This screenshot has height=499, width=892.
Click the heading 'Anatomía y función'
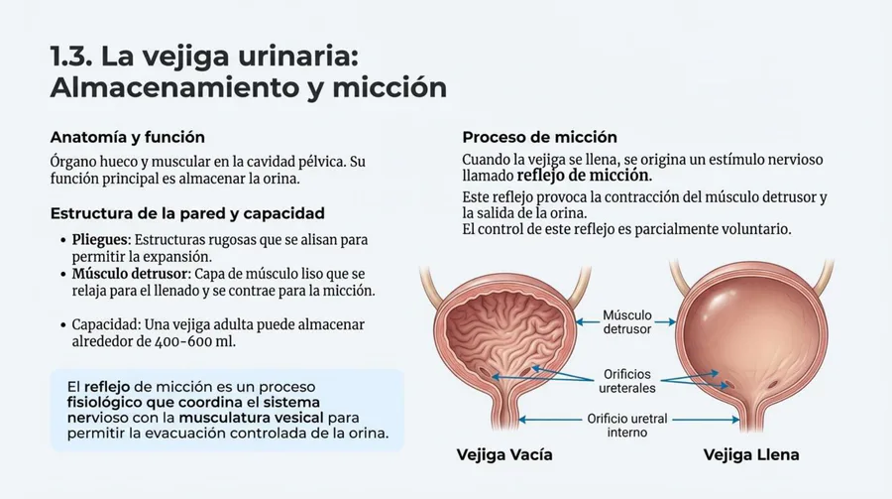coord(128,137)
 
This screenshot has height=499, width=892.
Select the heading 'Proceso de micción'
coord(539,137)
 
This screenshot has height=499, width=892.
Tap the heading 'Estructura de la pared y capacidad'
coord(187,213)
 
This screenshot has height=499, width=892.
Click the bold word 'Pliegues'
coord(101,240)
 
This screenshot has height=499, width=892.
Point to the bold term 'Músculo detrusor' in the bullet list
coord(129,274)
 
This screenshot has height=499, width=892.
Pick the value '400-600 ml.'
coord(195,342)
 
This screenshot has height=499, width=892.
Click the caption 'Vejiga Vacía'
coord(504,454)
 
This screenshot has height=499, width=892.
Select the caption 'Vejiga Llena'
coord(751,454)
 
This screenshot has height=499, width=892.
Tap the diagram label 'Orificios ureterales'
coord(627,381)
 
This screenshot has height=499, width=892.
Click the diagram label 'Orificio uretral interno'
coord(627,426)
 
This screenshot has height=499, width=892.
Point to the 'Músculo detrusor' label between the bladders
coord(627,321)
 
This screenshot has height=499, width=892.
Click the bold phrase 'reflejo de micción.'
coord(585,176)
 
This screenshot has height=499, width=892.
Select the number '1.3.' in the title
coord(71,57)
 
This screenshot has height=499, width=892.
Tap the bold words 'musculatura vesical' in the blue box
coord(251,418)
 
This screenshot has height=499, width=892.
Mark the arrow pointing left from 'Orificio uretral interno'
coord(551,420)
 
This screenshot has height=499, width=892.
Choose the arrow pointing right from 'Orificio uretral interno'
coord(706,420)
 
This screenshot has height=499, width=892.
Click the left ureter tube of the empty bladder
coord(431,285)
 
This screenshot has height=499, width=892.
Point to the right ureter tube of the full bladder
coord(823,278)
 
